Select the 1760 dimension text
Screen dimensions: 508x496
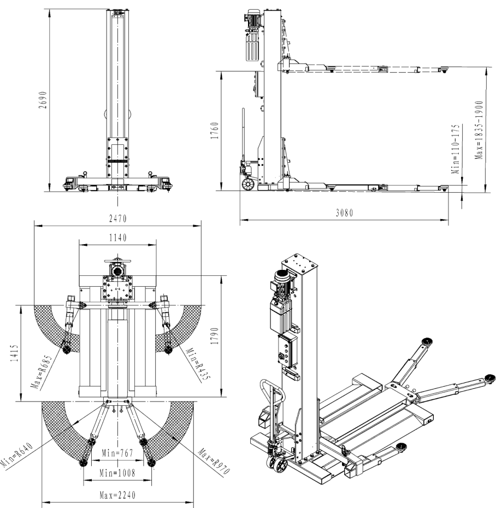214,131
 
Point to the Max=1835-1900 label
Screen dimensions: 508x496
479,129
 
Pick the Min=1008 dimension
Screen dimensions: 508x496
117,471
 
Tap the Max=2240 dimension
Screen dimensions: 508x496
117,496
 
